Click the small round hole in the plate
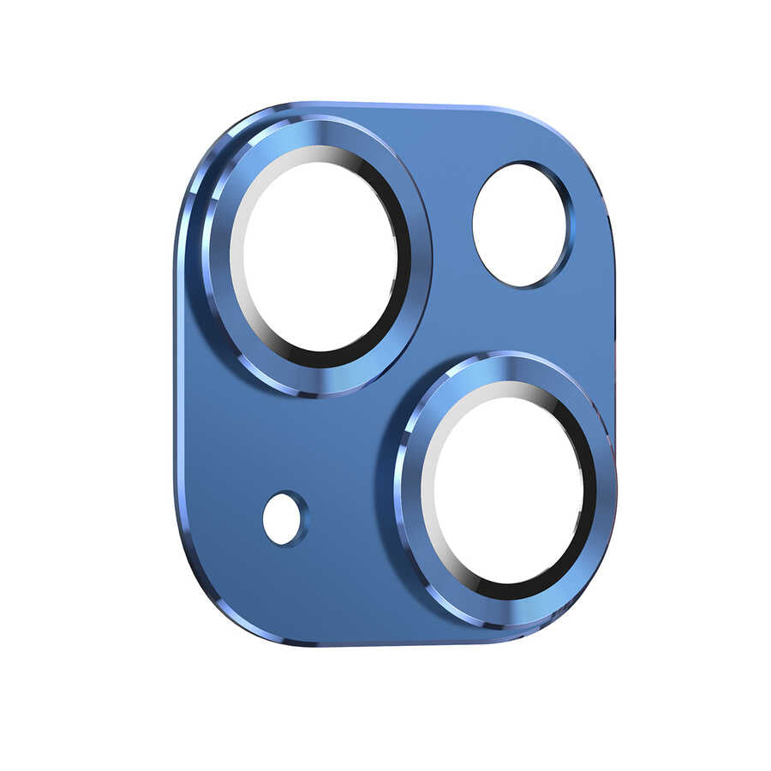[x=283, y=518]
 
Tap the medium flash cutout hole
[x=520, y=224]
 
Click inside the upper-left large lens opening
[x=319, y=256]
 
